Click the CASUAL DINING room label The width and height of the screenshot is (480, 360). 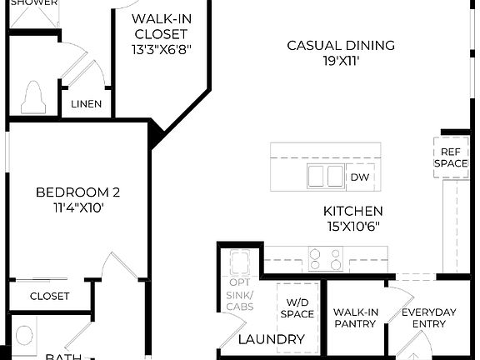(x=341, y=45)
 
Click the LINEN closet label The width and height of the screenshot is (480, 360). (x=87, y=104)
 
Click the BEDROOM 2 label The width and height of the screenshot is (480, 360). (x=77, y=192)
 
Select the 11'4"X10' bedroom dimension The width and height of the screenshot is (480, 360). (x=77, y=208)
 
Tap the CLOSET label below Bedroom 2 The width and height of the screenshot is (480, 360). (x=50, y=296)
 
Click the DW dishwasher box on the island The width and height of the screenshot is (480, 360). (x=359, y=177)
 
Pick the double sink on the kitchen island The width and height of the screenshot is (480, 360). (x=325, y=177)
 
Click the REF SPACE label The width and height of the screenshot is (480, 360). (x=450, y=157)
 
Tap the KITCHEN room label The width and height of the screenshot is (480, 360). (x=354, y=212)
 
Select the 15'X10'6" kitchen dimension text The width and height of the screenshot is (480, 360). (x=354, y=227)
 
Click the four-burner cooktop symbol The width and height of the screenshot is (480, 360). (x=325, y=259)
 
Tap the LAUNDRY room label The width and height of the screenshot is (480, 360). (x=271, y=339)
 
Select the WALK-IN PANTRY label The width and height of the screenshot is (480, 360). (x=356, y=317)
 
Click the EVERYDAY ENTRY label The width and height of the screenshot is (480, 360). (x=428, y=317)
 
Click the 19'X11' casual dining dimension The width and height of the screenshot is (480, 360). (x=341, y=61)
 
